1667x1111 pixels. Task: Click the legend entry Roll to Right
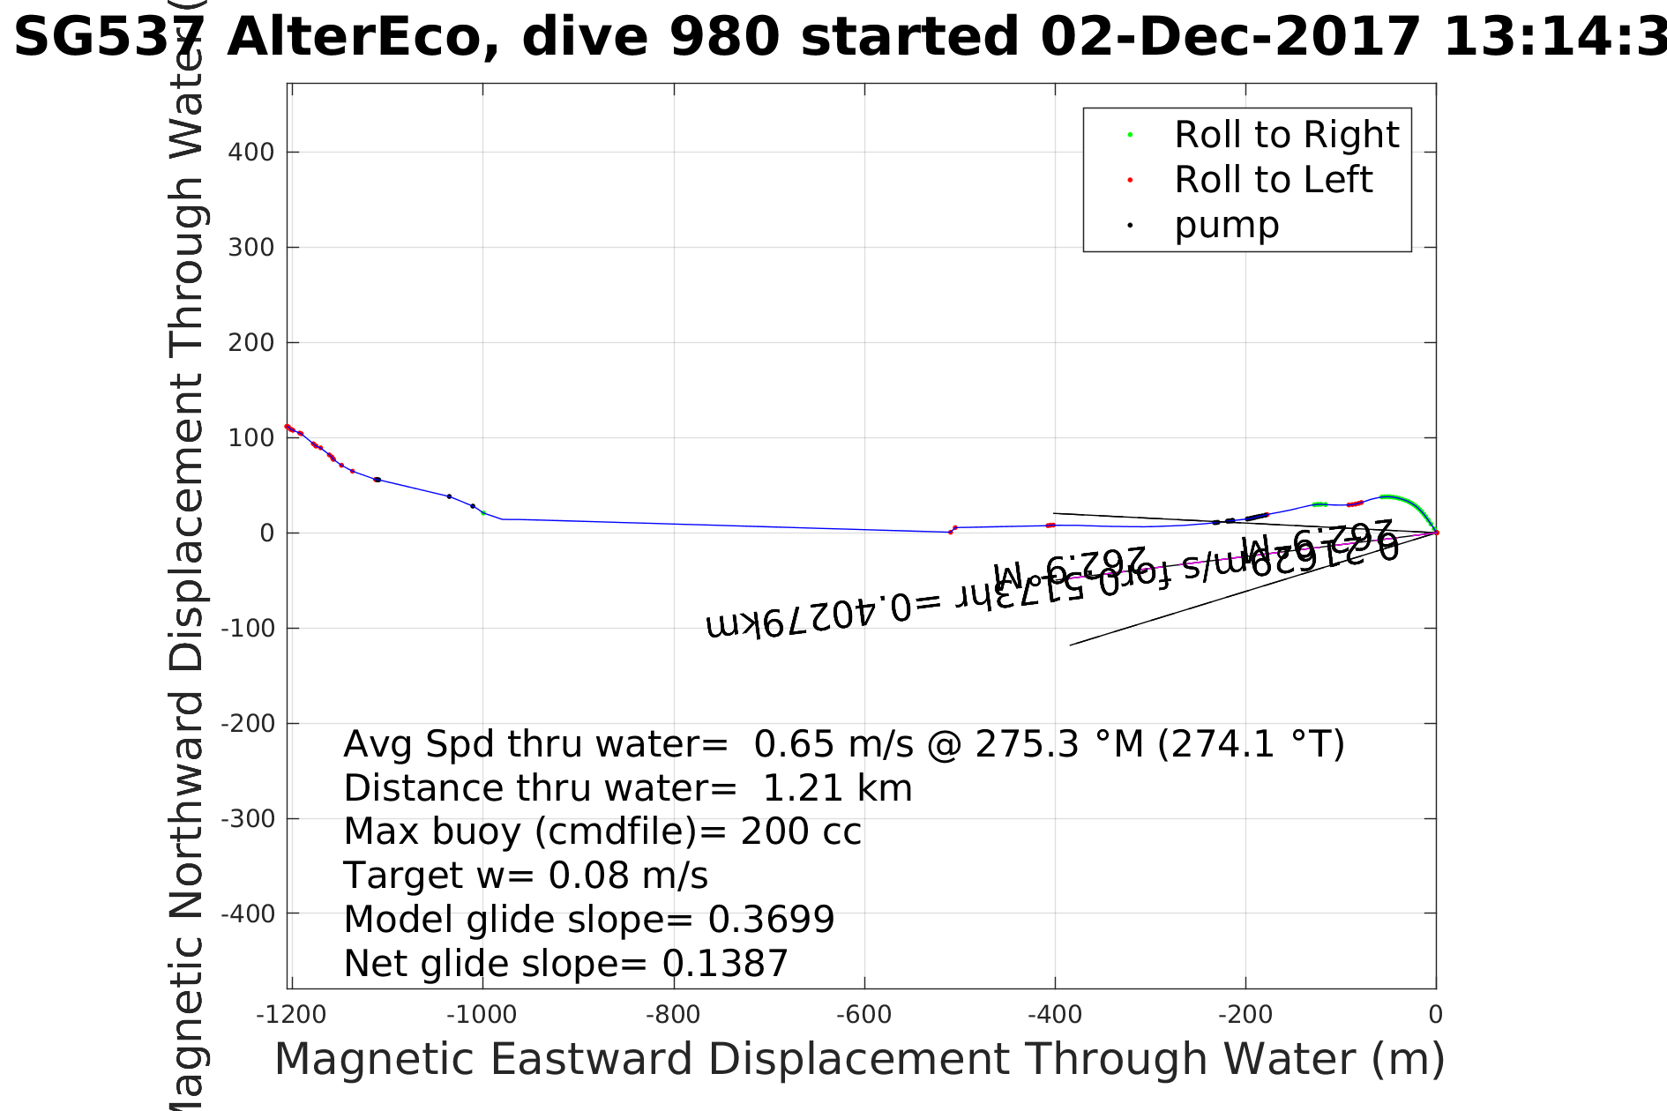[1286, 135]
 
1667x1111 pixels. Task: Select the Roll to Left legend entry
[1273, 180]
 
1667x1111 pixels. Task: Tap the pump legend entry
[1226, 225]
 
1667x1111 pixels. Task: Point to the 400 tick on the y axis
[251, 153]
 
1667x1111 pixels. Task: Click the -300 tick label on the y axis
[248, 819]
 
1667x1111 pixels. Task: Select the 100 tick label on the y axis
[251, 438]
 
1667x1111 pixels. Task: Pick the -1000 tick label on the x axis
[482, 1015]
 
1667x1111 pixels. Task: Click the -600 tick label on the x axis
[863, 1015]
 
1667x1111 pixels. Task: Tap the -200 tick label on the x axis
[1245, 1015]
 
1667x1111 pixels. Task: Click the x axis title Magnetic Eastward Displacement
[859, 1059]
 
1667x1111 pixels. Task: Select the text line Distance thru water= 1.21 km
[627, 788]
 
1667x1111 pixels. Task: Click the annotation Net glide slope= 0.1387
[565, 964]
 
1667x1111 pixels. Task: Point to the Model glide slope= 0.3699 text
[588, 920]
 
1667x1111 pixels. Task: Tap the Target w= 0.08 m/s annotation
[525, 876]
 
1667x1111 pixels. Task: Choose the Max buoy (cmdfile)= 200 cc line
[602, 831]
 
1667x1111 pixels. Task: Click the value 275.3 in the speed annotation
[1026, 744]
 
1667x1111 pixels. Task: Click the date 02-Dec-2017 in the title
[1230, 38]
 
